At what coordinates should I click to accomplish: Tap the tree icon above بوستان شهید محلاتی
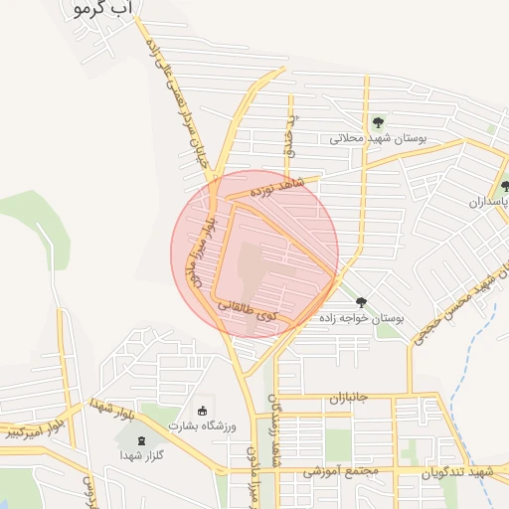(377, 122)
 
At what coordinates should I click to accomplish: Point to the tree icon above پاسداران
(505, 186)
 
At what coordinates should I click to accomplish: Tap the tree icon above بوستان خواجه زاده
(360, 302)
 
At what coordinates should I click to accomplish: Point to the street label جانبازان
(348, 398)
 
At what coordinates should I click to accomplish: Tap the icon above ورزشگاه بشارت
(203, 412)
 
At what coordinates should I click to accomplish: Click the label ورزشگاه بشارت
(203, 426)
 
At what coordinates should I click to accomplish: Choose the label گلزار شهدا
(140, 454)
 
